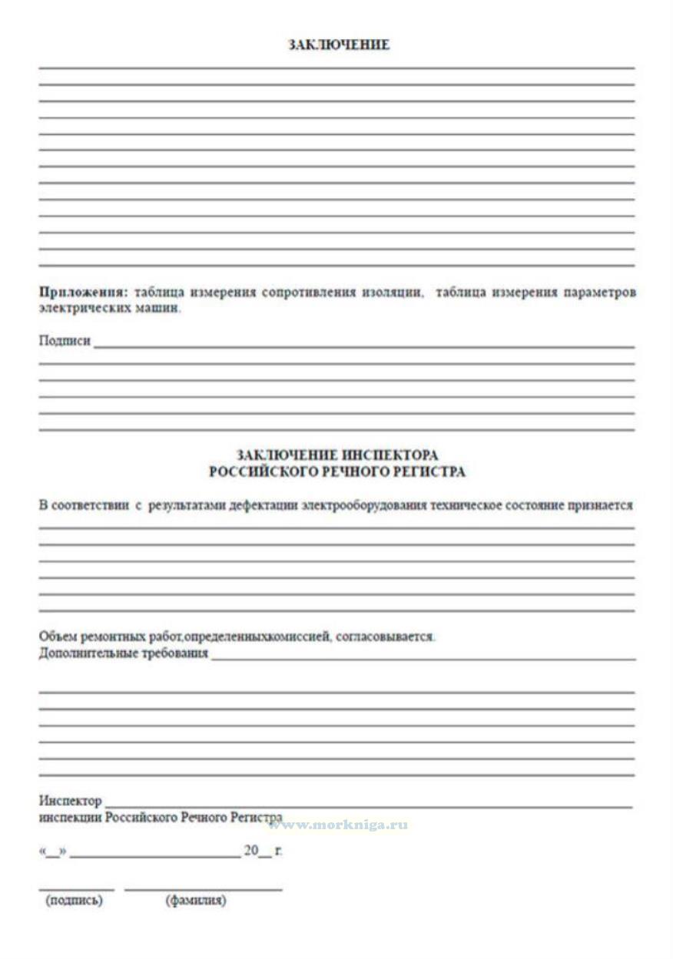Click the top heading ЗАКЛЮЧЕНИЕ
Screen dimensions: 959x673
[339, 45]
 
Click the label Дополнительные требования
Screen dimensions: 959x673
[124, 653]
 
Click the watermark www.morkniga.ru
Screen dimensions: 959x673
[338, 825]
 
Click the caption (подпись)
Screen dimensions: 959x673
[74, 901]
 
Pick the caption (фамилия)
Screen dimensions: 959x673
[196, 901]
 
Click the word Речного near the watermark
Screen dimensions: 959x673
[204, 818]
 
